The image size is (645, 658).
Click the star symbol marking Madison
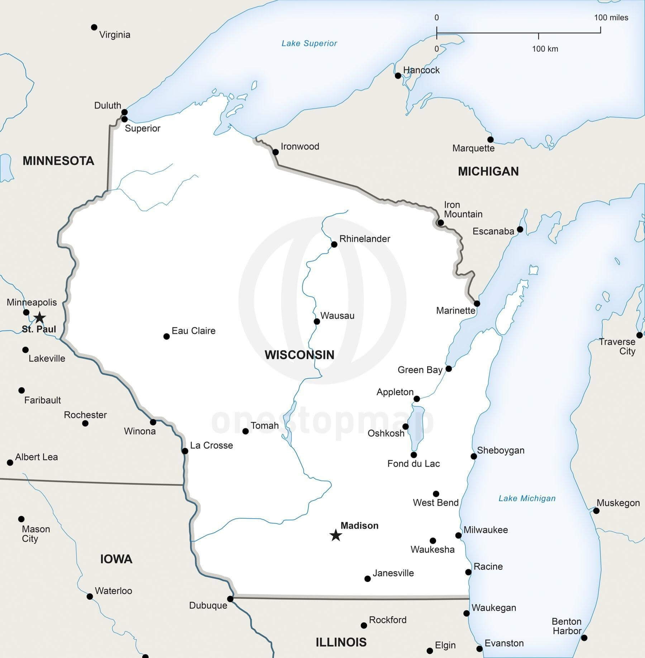tap(336, 535)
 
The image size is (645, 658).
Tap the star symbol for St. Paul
tap(39, 318)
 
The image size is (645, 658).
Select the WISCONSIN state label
tap(300, 355)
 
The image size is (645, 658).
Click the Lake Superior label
tap(309, 43)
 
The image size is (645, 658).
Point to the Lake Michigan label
tap(527, 498)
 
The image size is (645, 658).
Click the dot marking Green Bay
tap(449, 369)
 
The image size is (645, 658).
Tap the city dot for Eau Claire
tap(166, 336)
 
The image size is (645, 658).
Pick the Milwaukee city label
tap(486, 530)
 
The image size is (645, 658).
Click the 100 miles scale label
tap(611, 18)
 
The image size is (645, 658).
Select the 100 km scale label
tap(545, 49)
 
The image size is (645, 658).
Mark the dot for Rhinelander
tap(334, 244)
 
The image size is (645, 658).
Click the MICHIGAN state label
tap(488, 171)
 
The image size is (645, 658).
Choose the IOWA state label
tap(116, 559)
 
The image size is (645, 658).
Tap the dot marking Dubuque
tap(230, 599)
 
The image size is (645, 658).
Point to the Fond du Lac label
tap(413, 464)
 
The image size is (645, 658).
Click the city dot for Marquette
tap(490, 139)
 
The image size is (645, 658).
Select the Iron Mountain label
tap(463, 209)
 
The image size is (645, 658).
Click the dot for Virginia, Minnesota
tap(94, 27)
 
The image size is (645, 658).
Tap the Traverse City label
tap(617, 346)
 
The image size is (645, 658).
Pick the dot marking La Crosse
tap(185, 451)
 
